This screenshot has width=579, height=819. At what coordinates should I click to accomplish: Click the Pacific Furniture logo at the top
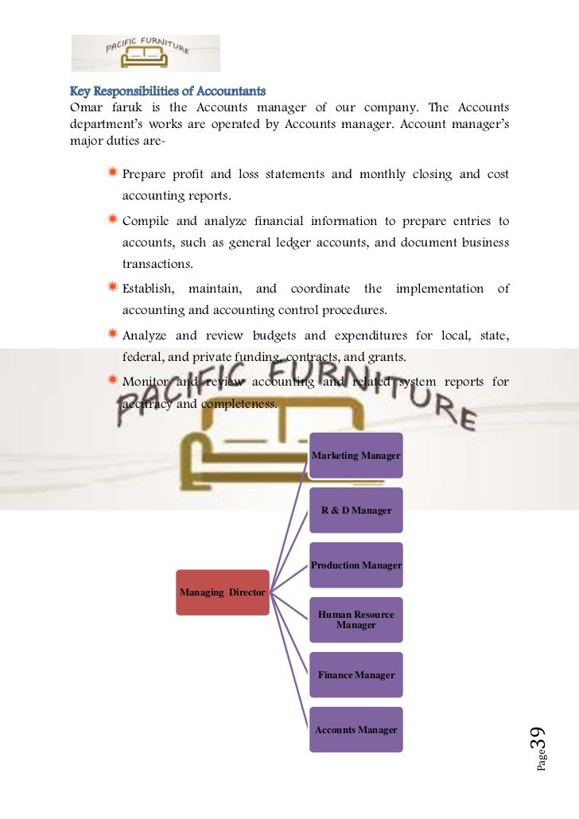coord(146,53)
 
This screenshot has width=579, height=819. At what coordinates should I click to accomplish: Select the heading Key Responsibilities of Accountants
coord(168,91)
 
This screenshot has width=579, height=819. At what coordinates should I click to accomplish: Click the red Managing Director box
coord(223,592)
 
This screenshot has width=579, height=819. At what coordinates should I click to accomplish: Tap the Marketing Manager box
coord(356,456)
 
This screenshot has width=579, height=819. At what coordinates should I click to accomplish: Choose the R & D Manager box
coord(356,510)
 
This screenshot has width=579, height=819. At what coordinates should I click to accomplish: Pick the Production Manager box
coord(356,565)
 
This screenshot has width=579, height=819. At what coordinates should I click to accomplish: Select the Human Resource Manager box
coord(356,620)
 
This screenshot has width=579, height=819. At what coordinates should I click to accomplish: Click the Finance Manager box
coord(356,675)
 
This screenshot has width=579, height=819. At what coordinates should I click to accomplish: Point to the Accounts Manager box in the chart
coord(356,730)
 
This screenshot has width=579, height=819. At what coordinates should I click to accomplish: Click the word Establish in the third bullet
coord(149,289)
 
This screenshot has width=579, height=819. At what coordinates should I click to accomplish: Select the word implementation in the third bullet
coord(439,289)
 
